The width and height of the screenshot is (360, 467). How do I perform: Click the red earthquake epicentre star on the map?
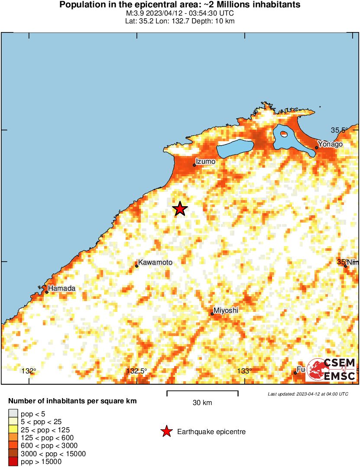[x=180, y=209]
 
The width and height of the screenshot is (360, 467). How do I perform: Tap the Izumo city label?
[x=205, y=162]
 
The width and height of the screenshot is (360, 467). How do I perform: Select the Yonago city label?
[x=330, y=144]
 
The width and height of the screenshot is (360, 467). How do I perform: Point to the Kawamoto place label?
[x=155, y=263]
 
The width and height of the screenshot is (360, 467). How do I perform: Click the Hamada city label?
[x=62, y=288]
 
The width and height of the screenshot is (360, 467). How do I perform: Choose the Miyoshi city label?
[x=226, y=310]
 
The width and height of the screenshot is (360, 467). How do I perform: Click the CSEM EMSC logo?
[x=331, y=370]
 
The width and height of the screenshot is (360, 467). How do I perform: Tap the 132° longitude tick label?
[x=29, y=371]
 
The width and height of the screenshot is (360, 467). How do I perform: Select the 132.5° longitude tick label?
[x=136, y=371]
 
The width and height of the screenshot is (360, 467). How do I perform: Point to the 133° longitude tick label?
[x=245, y=371]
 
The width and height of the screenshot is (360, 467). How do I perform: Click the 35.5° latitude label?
[x=341, y=130]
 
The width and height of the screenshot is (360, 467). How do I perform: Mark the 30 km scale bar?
[x=202, y=393]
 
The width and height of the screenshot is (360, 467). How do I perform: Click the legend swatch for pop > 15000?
[x=13, y=462]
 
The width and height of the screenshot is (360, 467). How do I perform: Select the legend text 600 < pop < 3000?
[x=49, y=445]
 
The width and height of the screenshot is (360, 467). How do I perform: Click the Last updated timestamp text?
[x=308, y=394]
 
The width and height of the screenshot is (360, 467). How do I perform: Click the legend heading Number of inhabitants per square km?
[x=73, y=401]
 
